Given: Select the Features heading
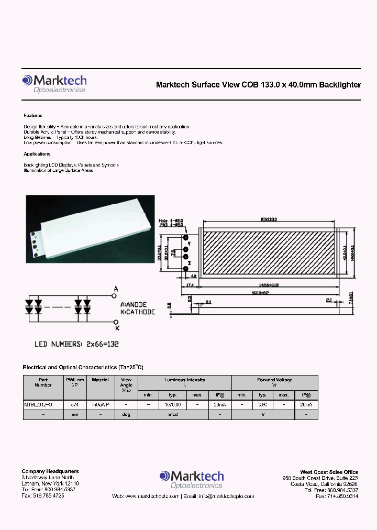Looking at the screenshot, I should pyautogui.click(x=32, y=115).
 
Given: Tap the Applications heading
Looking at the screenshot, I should pyautogui.click(x=37, y=154).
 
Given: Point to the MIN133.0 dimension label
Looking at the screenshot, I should pyautogui.click(x=270, y=220).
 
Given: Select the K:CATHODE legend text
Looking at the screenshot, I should pyautogui.click(x=137, y=312).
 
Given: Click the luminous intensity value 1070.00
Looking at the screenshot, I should pyautogui.click(x=173, y=405).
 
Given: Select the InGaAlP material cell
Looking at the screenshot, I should pyautogui.click(x=100, y=405).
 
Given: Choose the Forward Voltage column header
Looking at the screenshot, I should pyautogui.click(x=274, y=380).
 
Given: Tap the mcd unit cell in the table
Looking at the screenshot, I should pyautogui.click(x=173, y=414).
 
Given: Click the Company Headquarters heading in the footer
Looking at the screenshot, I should pyautogui.click(x=50, y=472).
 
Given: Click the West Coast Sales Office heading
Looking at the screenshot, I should pyautogui.click(x=329, y=472).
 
